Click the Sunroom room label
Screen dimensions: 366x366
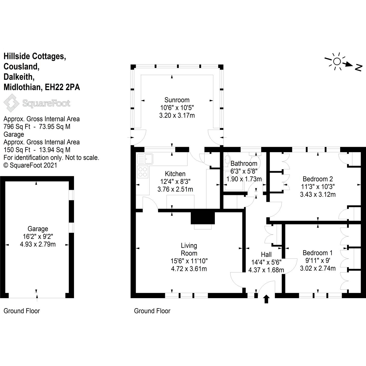(177, 100)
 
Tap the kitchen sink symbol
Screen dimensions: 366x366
(145, 159)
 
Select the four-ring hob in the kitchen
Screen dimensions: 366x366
(143, 172)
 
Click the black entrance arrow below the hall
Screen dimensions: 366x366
(266, 299)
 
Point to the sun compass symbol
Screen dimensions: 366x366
(337, 61)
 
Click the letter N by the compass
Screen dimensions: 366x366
(359, 68)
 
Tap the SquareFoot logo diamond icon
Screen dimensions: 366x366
(11, 103)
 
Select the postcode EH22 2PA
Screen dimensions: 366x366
(62, 87)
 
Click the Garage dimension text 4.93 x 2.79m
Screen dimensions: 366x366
(38, 244)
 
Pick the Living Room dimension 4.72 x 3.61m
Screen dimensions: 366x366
(189, 269)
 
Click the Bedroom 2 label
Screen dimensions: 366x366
(318, 179)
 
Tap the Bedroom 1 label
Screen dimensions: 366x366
(318, 253)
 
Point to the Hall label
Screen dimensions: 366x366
(266, 255)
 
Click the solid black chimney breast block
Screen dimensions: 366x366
(203, 218)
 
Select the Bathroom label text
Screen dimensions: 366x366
(244, 163)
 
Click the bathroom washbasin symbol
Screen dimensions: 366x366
(227, 160)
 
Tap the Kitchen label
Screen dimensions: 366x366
(175, 174)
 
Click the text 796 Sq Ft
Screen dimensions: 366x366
(17, 127)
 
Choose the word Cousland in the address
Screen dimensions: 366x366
(21, 67)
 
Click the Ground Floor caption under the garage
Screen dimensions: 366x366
(22, 311)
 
